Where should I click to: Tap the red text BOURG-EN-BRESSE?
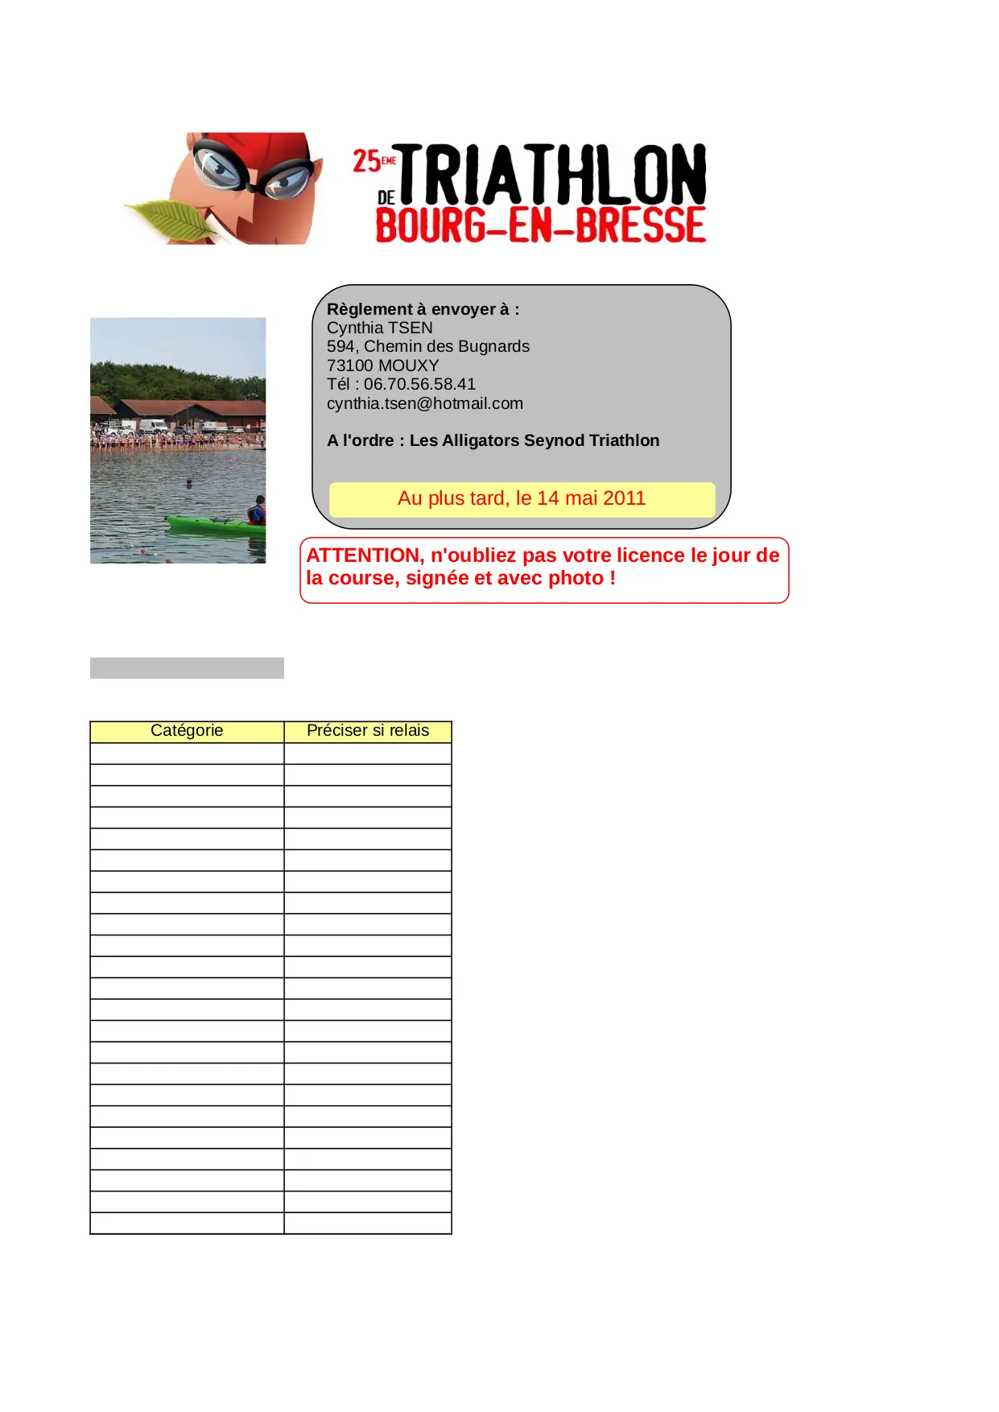[540, 225]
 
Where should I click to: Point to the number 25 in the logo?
[366, 161]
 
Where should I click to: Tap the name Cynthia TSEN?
[380, 328]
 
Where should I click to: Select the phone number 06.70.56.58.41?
[419, 384]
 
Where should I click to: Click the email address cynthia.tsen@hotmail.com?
[425, 403]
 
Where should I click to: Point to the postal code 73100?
[350, 365]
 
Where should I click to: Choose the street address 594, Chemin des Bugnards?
[428, 346]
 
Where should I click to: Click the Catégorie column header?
[187, 731]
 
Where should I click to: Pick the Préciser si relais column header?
[368, 731]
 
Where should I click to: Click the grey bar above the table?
[187, 668]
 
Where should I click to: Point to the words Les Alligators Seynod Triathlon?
[535, 440]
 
